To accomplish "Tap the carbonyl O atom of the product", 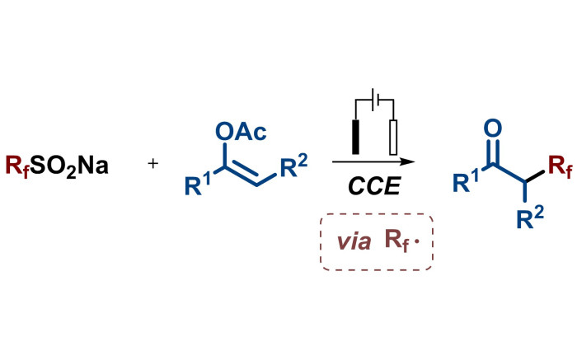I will click(x=492, y=128).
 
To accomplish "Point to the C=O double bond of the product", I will click(x=492, y=148).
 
